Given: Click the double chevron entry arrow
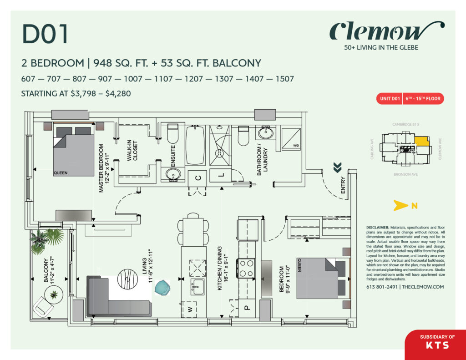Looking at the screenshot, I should (x=337, y=168).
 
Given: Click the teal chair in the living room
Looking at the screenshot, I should (x=162, y=288).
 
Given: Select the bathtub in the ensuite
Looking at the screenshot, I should (x=195, y=145).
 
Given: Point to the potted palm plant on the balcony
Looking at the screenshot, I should (x=46, y=239).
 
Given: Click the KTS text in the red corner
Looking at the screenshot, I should (x=437, y=345).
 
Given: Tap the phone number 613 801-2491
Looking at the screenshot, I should (x=382, y=287).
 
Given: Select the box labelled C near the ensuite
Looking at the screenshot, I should (x=198, y=178).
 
